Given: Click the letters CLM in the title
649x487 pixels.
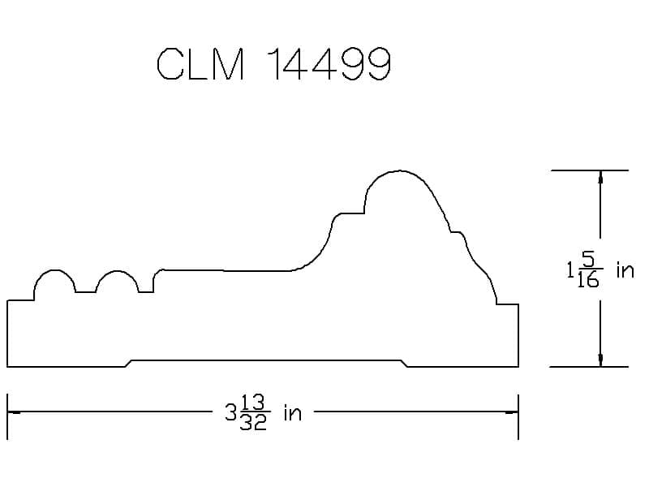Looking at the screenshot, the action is pyautogui.click(x=200, y=64).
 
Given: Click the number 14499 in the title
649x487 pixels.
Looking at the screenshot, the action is pyautogui.click(x=329, y=64).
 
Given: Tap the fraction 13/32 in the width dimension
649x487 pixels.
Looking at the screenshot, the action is pyautogui.click(x=253, y=412).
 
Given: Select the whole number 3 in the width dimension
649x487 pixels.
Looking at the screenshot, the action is pyautogui.click(x=230, y=413).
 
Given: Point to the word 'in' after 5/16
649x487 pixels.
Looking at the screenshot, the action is pyautogui.click(x=625, y=270).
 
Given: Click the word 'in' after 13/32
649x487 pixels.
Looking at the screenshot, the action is pyautogui.click(x=292, y=413).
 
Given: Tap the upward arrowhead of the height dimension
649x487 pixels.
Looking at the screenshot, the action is pyautogui.click(x=600, y=177).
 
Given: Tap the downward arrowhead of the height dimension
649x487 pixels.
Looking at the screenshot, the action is pyautogui.click(x=600, y=360).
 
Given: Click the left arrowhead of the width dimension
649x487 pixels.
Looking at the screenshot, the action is pyautogui.click(x=14, y=412).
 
